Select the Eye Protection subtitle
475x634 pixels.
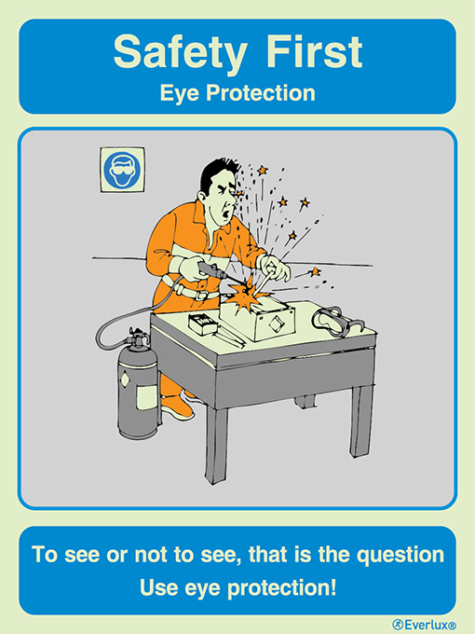pyautogui.click(x=237, y=93)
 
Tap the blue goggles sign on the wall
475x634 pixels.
pyautogui.click(x=121, y=171)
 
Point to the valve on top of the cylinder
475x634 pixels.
pyautogui.click(x=138, y=338)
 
